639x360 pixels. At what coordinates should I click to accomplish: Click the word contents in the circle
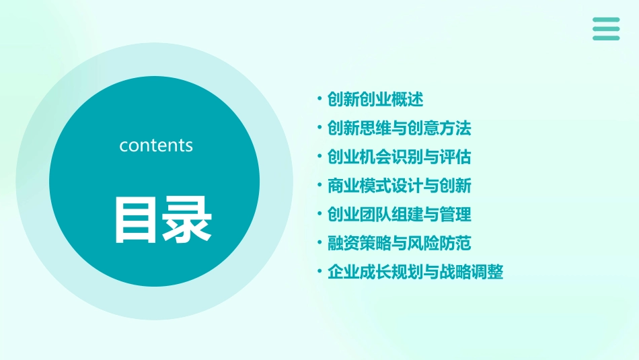pos(156,145)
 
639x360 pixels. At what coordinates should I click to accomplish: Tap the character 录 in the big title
pos(183,219)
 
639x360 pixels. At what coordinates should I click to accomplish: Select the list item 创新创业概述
pos(375,100)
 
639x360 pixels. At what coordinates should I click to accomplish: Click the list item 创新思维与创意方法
pos(399,128)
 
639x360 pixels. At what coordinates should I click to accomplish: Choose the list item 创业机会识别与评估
pos(399,157)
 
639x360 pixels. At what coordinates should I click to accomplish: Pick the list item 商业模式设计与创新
pos(399,186)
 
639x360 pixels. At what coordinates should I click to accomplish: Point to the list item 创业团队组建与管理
pos(399,215)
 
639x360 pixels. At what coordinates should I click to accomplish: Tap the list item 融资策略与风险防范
pos(399,243)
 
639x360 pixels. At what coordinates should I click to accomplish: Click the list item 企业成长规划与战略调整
pos(415,273)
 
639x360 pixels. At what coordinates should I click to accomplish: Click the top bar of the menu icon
pos(606,20)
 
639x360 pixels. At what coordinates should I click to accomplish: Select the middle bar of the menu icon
pos(606,28)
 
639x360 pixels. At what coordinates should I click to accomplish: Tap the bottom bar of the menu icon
pos(606,38)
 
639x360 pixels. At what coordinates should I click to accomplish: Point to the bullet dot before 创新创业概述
pos(319,100)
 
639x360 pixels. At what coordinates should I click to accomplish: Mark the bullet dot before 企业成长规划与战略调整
pos(319,273)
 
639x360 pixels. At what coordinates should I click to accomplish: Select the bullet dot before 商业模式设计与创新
pos(319,186)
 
